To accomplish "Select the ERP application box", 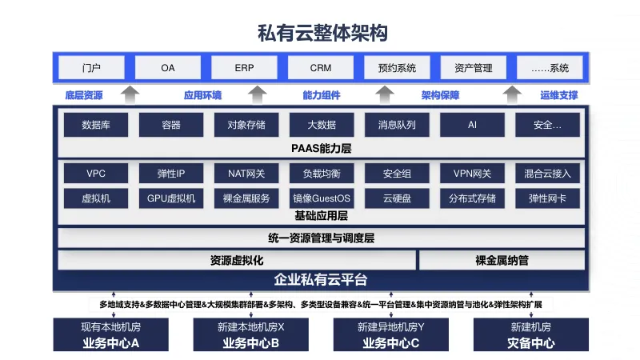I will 244,68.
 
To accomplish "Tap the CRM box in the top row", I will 321,68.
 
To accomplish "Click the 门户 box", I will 91,68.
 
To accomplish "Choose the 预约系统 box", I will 397,68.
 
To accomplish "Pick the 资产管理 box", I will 473,68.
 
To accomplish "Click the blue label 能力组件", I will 321,95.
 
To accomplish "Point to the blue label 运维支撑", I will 558,95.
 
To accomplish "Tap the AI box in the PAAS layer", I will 472,125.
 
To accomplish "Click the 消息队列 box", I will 397,125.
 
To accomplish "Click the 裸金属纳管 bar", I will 502,260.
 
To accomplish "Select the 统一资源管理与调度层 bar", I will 321,238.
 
